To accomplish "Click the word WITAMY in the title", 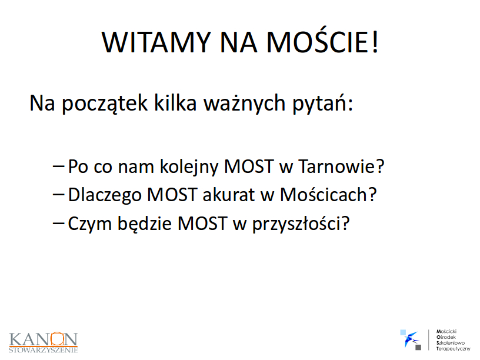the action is pyautogui.click(x=156, y=42).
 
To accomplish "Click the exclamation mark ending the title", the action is pyautogui.click(x=375, y=42).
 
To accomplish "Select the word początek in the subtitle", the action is pyautogui.click(x=105, y=104).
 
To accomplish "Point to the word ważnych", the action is pyautogui.click(x=245, y=103).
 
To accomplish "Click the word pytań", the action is pyautogui.click(x=320, y=104).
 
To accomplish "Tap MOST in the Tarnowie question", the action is pyautogui.click(x=249, y=166).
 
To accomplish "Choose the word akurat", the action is pyautogui.click(x=229, y=195).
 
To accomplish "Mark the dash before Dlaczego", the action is pyautogui.click(x=58, y=194).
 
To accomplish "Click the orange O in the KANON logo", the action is pyautogui.click(x=57, y=339).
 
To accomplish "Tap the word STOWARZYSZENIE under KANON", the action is pyautogui.click(x=43, y=350).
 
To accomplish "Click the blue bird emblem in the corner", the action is pyautogui.click(x=411, y=339).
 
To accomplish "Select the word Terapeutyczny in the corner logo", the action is pyautogui.click(x=454, y=349).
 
